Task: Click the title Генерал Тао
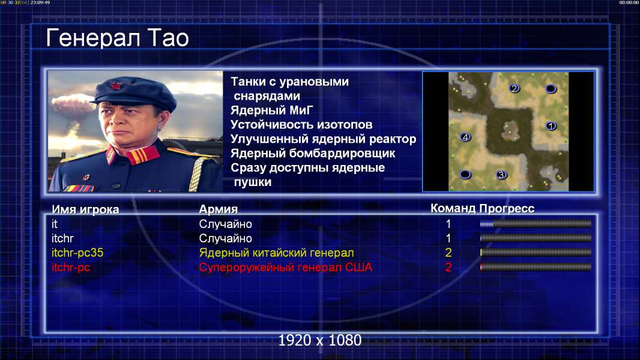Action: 117,38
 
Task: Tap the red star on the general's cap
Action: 116,86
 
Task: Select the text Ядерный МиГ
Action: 272,110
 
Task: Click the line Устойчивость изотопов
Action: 301,125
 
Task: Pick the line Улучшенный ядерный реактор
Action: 323,139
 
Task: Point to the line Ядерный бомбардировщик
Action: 313,154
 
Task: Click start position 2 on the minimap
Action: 514,88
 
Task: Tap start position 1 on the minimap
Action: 551,126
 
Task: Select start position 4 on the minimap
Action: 465,137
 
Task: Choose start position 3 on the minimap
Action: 501,175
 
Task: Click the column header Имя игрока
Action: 85,209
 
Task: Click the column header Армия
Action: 219,209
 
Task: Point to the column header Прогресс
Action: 507,209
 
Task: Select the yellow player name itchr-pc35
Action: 77,253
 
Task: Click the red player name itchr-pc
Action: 71,268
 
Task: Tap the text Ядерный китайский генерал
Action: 276,253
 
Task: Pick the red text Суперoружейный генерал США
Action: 286,268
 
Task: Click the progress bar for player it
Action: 536,224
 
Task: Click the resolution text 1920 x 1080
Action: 320,340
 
